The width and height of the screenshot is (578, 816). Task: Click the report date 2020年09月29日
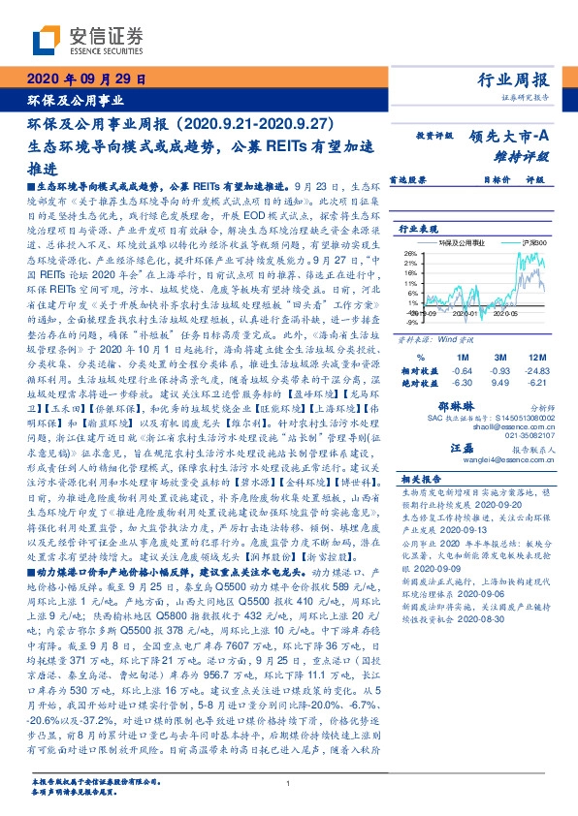click(85, 80)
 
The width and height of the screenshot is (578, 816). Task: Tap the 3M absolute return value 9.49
click(500, 356)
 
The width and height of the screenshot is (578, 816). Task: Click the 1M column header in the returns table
click(461, 330)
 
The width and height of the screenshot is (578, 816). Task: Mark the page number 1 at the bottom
click(288, 784)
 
